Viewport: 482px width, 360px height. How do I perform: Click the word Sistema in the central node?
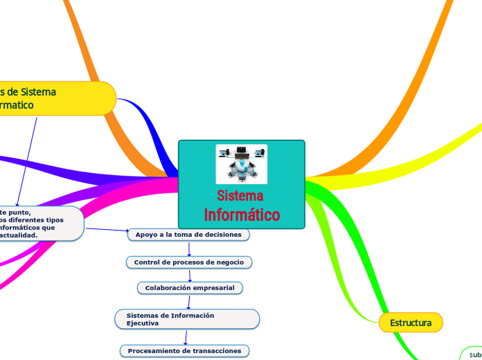click(x=240, y=196)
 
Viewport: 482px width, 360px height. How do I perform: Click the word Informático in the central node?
click(x=242, y=215)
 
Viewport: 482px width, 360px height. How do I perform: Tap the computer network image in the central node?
click(x=241, y=163)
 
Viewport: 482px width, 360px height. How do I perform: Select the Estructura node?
click(x=411, y=323)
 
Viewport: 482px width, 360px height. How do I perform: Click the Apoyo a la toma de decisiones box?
click(x=188, y=235)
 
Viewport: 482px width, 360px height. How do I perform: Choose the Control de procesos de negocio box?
click(x=188, y=262)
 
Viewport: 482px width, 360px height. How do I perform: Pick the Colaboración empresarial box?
click(x=190, y=287)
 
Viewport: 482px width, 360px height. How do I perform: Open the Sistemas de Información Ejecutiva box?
click(x=187, y=319)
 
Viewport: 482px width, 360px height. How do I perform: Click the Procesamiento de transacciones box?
click(x=184, y=351)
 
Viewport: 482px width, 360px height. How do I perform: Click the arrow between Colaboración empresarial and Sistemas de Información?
click(x=188, y=301)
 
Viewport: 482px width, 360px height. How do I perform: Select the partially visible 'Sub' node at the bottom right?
click(x=472, y=354)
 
